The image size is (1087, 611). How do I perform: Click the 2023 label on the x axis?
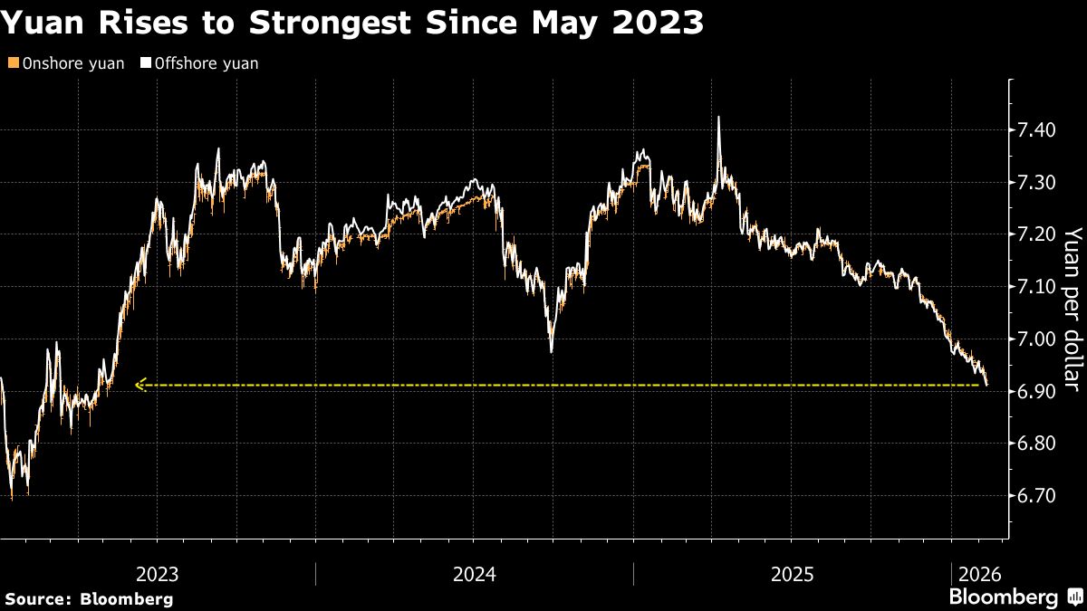[157, 574]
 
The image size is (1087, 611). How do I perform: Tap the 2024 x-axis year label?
[475, 574]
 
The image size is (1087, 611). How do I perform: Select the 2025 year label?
[793, 574]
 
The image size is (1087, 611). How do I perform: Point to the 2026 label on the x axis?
[979, 574]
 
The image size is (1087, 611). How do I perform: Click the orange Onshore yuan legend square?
[12, 63]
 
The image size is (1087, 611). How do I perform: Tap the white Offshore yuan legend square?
[145, 63]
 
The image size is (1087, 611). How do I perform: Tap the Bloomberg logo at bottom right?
[1015, 597]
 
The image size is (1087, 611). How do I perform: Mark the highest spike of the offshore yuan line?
[718, 118]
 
